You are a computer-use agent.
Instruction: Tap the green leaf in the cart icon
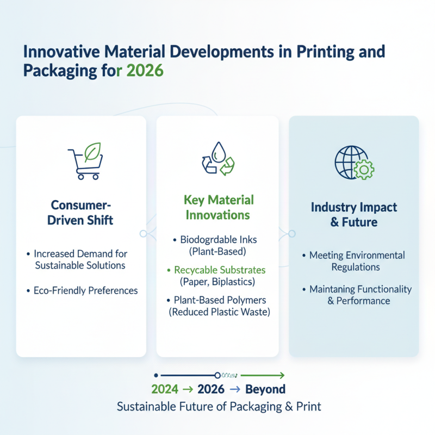pyautogui.click(x=93, y=151)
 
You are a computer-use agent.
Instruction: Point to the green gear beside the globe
pyautogui.click(x=363, y=170)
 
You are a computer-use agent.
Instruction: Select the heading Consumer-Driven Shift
pyautogui.click(x=82, y=213)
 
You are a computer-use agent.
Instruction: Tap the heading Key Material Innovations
pyautogui.click(x=217, y=207)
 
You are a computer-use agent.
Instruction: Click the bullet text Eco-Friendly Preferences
pyautogui.click(x=85, y=290)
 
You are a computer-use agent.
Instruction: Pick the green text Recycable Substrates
pyautogui.click(x=220, y=270)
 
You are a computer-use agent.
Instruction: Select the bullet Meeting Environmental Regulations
pyautogui.click(x=357, y=261)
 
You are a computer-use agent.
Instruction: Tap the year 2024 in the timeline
pyautogui.click(x=165, y=389)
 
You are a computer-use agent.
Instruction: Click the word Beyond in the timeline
pyautogui.click(x=265, y=389)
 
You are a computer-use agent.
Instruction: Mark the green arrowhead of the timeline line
pyautogui.click(x=282, y=375)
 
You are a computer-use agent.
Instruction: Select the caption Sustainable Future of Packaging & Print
pyautogui.click(x=219, y=407)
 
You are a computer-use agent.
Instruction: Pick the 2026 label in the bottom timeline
pyautogui.click(x=212, y=389)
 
